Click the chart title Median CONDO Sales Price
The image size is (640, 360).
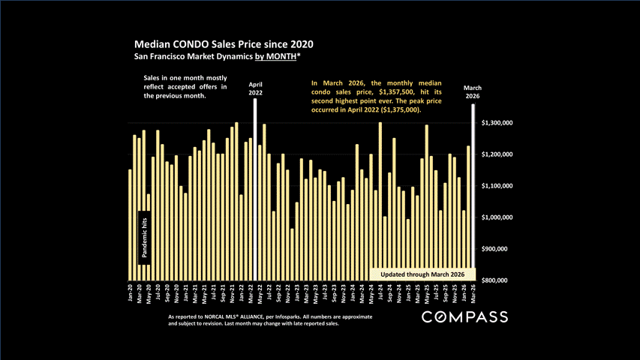tap(223, 44)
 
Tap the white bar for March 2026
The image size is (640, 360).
tap(473, 191)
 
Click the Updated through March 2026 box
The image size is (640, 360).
tap(423, 274)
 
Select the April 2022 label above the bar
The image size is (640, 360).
tap(256, 89)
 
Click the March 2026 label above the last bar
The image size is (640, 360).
tap(472, 91)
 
